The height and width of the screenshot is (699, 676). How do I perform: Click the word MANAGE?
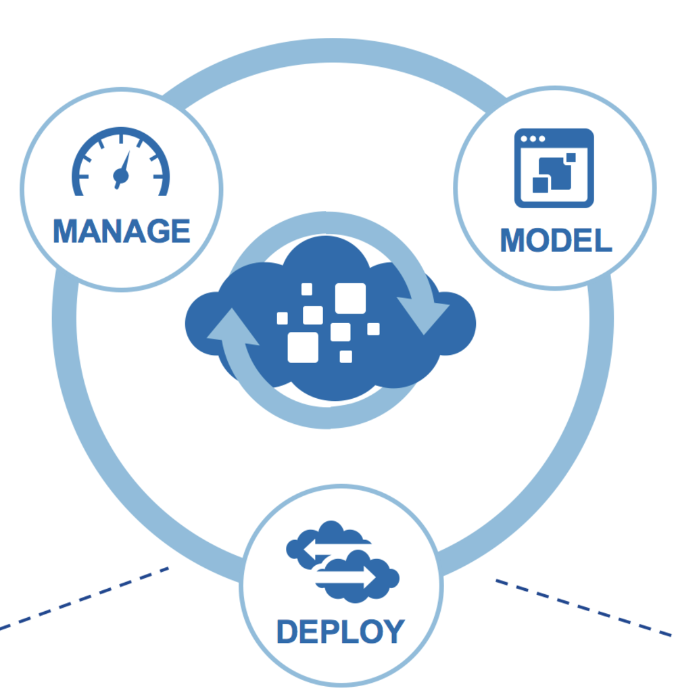122,231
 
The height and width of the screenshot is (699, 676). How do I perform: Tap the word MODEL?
556,241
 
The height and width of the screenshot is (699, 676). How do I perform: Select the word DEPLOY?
340,631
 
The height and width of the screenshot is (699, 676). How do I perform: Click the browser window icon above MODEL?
554,168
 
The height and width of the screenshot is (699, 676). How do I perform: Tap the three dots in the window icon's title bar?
532,139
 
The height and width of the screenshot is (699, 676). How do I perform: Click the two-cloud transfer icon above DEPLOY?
341,560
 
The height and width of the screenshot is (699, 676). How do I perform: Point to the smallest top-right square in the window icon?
571,158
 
